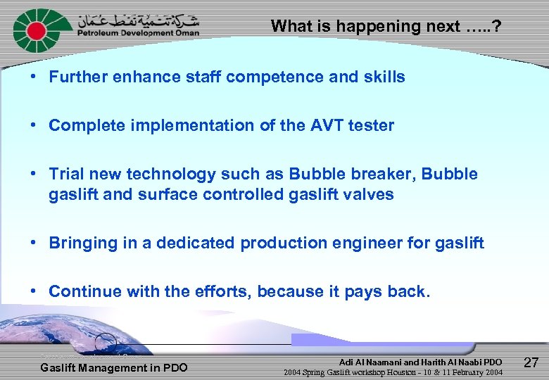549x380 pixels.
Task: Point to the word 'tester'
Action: [x=371, y=125]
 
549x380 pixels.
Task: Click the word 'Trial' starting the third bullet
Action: [x=66, y=174]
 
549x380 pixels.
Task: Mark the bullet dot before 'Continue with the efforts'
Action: [x=34, y=291]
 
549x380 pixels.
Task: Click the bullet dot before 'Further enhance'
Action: [x=34, y=76]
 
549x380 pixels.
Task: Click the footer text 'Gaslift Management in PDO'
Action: [x=114, y=367]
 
